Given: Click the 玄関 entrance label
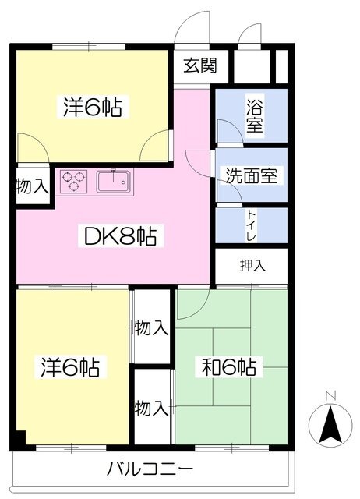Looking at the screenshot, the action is point(200,65).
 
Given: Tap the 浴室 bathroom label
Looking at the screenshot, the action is point(255,116).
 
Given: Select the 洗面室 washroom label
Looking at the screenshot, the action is point(251,175).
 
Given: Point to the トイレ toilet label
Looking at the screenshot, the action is point(252,225).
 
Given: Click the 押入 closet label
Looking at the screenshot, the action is point(252,265).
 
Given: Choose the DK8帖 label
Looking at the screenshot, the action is point(121,236).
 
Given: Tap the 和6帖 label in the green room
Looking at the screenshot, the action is point(229,367).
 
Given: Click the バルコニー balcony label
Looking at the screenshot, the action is point(150,469).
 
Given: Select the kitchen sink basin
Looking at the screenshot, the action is point(114,182).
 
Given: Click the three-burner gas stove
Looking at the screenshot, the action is point(74,182).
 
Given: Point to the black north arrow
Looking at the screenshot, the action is point(330,424).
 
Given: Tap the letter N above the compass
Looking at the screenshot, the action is point(330,395).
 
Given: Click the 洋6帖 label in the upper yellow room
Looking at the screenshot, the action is point(93,107).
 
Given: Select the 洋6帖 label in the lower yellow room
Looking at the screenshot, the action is point(70,367).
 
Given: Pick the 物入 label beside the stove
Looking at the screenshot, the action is point(33,186).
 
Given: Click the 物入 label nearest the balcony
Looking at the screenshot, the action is point(151,408).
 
